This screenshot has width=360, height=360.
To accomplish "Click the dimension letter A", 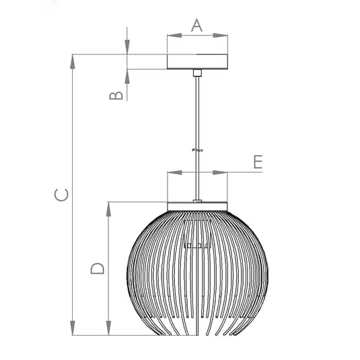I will coord(196,25).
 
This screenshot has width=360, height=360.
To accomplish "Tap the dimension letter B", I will coord(116,95).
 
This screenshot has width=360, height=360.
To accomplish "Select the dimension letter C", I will coord(60,194).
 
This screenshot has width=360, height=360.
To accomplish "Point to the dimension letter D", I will coord(98,268).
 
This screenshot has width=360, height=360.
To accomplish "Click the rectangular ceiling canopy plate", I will coord(197,62).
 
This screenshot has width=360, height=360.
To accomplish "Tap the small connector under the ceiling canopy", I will coord(197,73).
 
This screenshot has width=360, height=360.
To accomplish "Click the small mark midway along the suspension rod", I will coord(198,149).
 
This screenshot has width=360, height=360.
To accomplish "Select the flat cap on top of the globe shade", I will coord(197,206).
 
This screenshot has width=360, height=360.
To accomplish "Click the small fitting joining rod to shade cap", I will coord(197,199).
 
